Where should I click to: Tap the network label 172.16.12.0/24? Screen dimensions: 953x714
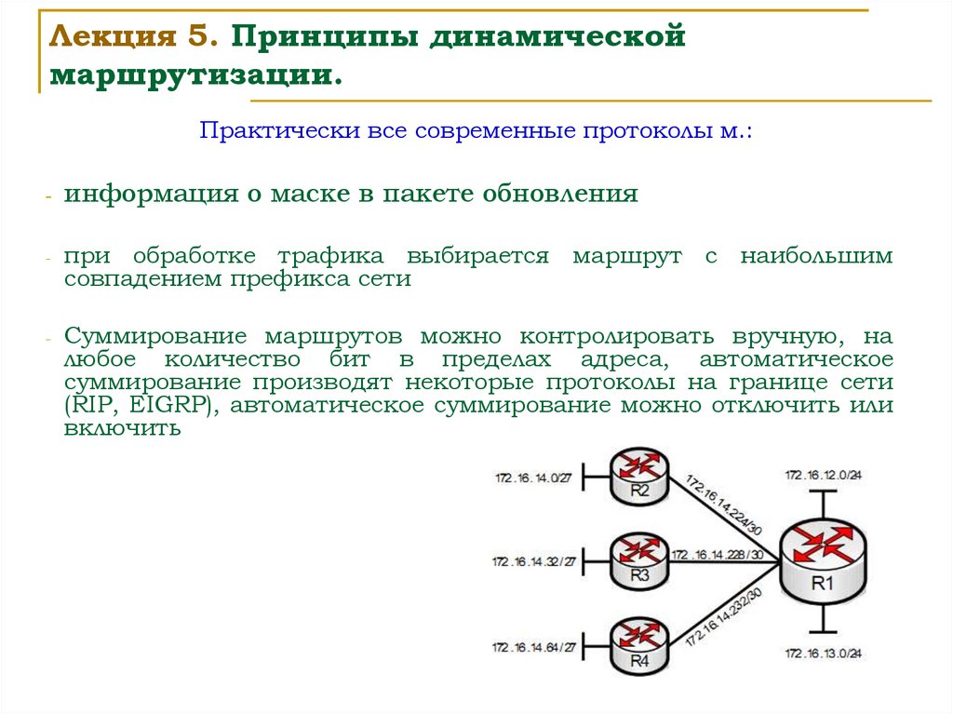coord(823,475)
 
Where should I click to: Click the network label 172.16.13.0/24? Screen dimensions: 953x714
coord(823,653)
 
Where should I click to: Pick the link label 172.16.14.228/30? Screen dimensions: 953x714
coord(718,555)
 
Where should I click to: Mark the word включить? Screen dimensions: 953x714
coord(120,429)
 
